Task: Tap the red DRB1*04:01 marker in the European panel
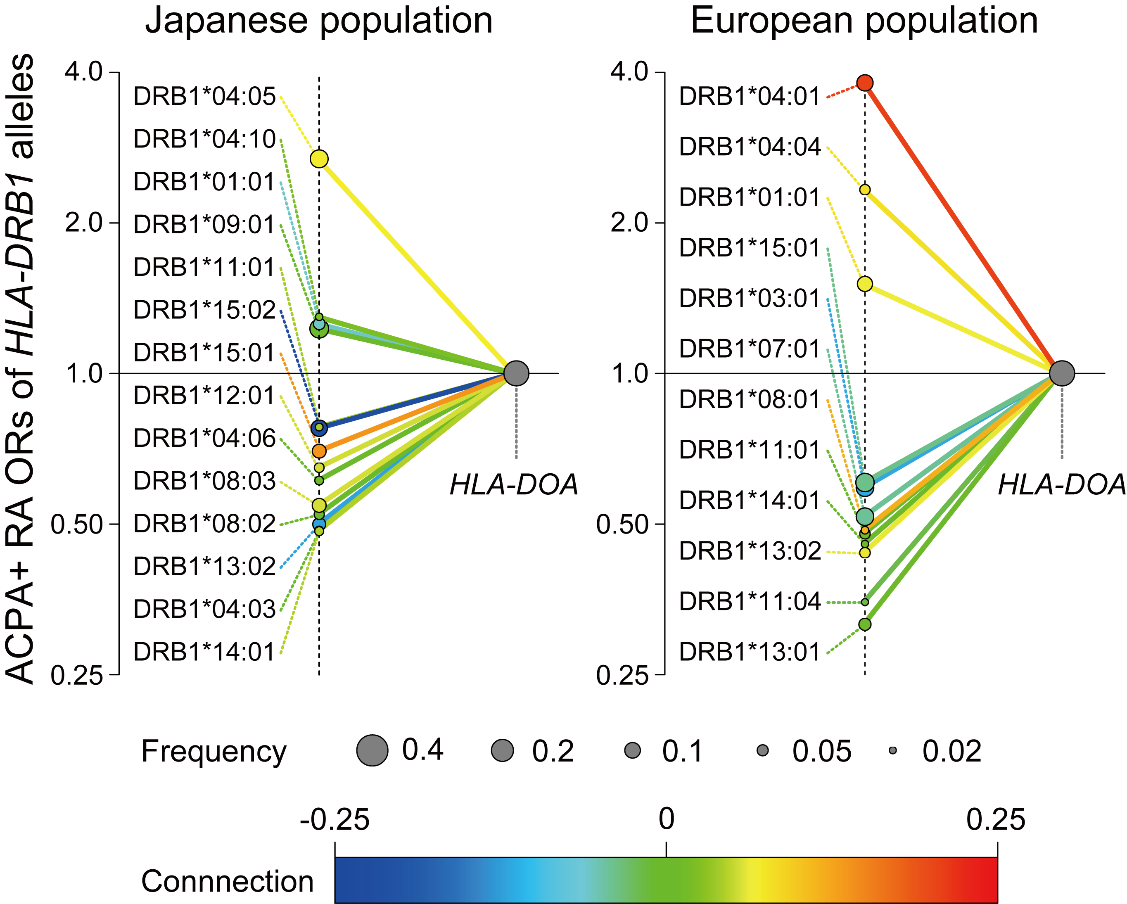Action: click(865, 83)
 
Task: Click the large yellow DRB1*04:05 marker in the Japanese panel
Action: click(319, 159)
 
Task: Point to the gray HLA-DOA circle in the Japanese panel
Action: click(517, 373)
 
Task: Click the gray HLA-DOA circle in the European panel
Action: click(1062, 373)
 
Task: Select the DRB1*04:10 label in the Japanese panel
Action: click(204, 140)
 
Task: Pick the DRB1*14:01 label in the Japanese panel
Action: click(204, 652)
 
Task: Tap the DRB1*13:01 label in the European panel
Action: click(750, 652)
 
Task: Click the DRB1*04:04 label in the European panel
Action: click(750, 147)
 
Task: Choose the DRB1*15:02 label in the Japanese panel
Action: click(204, 310)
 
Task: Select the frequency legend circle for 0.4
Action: click(372, 750)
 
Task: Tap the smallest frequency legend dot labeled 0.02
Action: click(893, 750)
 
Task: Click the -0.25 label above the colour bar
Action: click(335, 819)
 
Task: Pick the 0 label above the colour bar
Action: click(666, 819)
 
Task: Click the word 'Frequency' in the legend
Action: click(214, 751)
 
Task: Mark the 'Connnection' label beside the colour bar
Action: click(228, 881)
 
